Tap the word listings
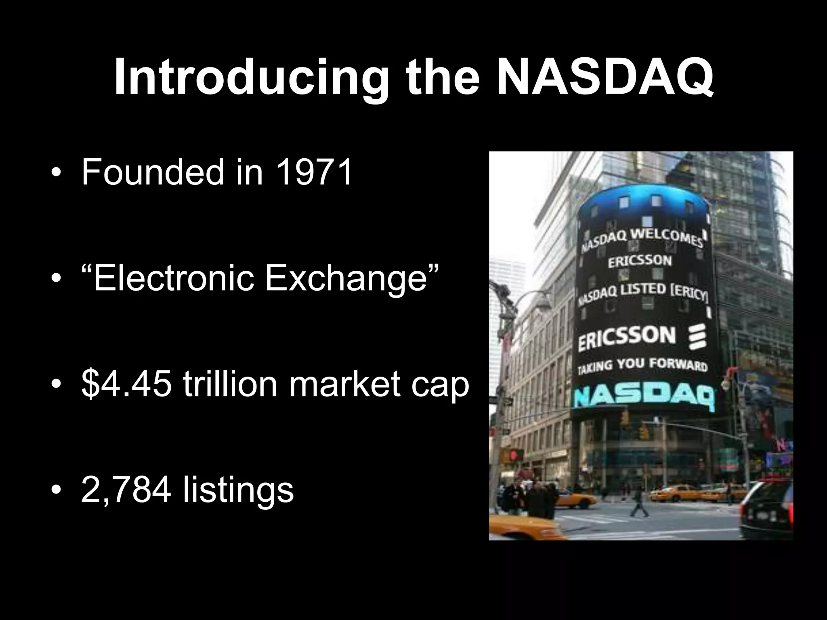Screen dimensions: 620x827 point(238,491)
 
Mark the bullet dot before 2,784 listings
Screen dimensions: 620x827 point(56,491)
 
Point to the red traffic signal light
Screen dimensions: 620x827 point(514,455)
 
